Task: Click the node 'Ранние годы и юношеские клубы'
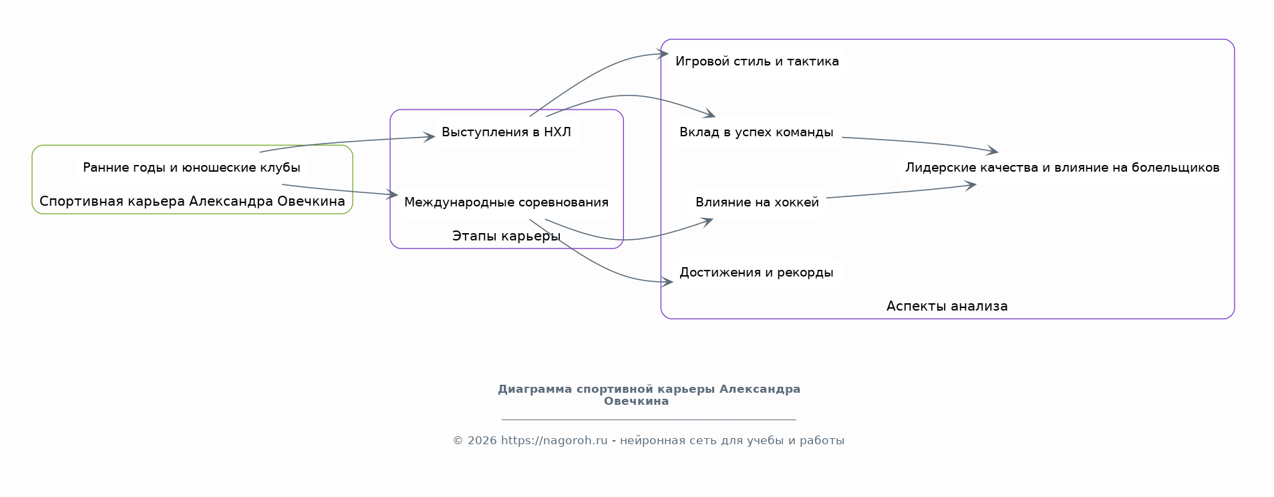pyautogui.click(x=191, y=168)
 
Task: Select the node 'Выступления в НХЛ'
pyautogui.click(x=506, y=132)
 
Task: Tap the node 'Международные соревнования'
pyautogui.click(x=506, y=202)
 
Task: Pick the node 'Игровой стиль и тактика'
pyautogui.click(x=757, y=61)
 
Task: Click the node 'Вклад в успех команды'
pyautogui.click(x=756, y=132)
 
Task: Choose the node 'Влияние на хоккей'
pyautogui.click(x=757, y=202)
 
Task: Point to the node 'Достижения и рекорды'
pyautogui.click(x=756, y=273)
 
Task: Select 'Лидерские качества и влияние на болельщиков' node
pyautogui.click(x=1062, y=168)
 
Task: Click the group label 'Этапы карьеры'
pyautogui.click(x=506, y=236)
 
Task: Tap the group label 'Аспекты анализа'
pyautogui.click(x=947, y=307)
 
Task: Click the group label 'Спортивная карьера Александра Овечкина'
pyautogui.click(x=192, y=201)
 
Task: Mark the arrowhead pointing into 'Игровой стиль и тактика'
pyautogui.click(x=663, y=54)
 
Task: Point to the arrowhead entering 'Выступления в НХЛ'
pyautogui.click(x=430, y=137)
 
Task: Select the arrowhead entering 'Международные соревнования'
pyautogui.click(x=393, y=195)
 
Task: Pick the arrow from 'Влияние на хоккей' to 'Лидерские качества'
pyautogui.click(x=902, y=192)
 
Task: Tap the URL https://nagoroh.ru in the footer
pyautogui.click(x=554, y=441)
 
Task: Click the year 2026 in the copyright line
pyautogui.click(x=482, y=441)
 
